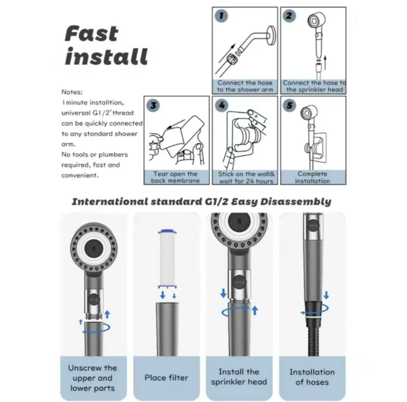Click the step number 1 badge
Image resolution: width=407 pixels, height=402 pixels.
[x=222, y=16]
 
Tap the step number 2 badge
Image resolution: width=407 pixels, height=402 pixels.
[x=289, y=16]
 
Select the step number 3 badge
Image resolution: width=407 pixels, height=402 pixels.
[x=153, y=105]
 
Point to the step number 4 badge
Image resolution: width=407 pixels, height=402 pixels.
[x=222, y=105]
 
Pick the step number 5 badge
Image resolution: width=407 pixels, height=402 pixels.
[x=290, y=105]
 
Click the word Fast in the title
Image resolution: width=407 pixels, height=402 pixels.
[x=91, y=34]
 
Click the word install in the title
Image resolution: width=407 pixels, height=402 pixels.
[x=106, y=57]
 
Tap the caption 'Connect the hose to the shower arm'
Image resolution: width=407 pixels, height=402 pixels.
[x=245, y=86]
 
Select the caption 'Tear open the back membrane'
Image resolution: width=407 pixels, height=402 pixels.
[x=175, y=177]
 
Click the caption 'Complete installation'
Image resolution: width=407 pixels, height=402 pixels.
[x=312, y=177]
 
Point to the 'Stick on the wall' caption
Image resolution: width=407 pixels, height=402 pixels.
[x=246, y=177]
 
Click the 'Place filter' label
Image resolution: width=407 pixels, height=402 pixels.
[x=166, y=378]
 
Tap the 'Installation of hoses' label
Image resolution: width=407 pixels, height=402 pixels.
[x=312, y=377]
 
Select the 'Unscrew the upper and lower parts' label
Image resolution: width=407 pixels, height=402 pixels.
[x=93, y=378]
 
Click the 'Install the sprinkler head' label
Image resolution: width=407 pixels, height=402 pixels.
[x=239, y=377]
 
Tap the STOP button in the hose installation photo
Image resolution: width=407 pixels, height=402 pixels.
[x=314, y=226]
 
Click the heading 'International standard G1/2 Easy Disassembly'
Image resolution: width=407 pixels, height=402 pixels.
[x=201, y=202]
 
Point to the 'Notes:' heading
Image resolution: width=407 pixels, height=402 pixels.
[x=72, y=92]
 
